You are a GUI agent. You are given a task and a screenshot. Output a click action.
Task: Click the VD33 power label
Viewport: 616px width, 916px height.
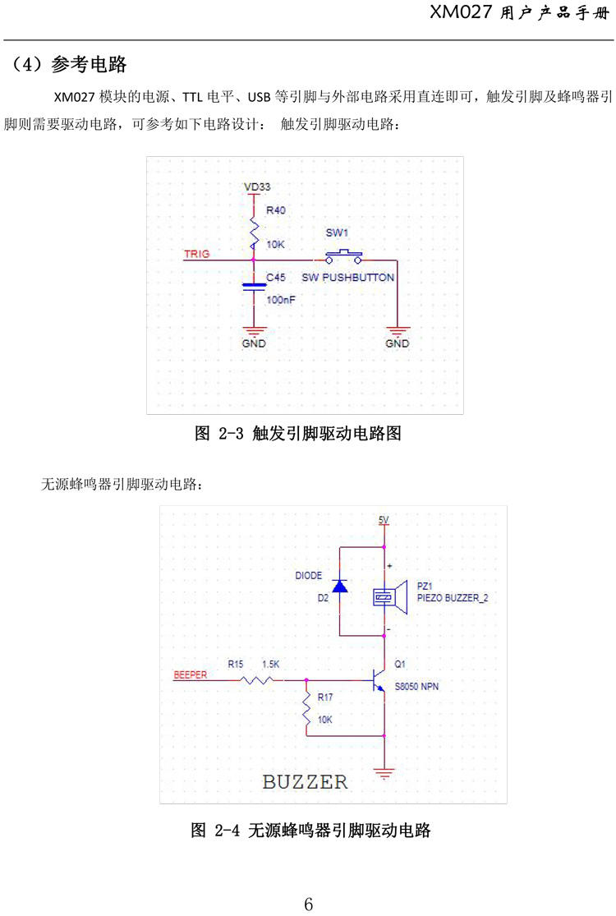click(257, 187)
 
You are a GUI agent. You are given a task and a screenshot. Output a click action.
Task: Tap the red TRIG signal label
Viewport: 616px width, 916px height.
click(196, 254)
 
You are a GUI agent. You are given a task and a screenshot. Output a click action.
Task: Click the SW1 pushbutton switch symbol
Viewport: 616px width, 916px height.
click(344, 255)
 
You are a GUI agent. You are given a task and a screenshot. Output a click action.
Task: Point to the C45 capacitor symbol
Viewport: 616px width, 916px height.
click(255, 285)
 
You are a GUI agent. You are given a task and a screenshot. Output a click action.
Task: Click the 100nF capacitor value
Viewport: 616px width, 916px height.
click(281, 301)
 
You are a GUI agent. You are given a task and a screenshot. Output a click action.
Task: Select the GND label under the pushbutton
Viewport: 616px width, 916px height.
click(397, 343)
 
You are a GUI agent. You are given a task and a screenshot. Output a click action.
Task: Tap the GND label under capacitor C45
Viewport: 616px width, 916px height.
click(254, 343)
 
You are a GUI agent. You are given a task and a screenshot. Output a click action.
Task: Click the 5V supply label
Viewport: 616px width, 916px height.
click(383, 520)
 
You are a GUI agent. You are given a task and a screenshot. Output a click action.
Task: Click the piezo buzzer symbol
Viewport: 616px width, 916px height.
click(390, 597)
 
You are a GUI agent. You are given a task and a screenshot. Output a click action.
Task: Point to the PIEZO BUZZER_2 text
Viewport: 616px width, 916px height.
click(453, 599)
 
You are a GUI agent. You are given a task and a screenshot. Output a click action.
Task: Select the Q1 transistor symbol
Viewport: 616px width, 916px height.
click(379, 679)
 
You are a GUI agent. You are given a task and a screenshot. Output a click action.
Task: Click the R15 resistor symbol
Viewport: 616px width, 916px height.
click(261, 680)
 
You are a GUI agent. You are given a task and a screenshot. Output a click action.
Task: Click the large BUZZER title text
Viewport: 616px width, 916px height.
click(305, 780)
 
